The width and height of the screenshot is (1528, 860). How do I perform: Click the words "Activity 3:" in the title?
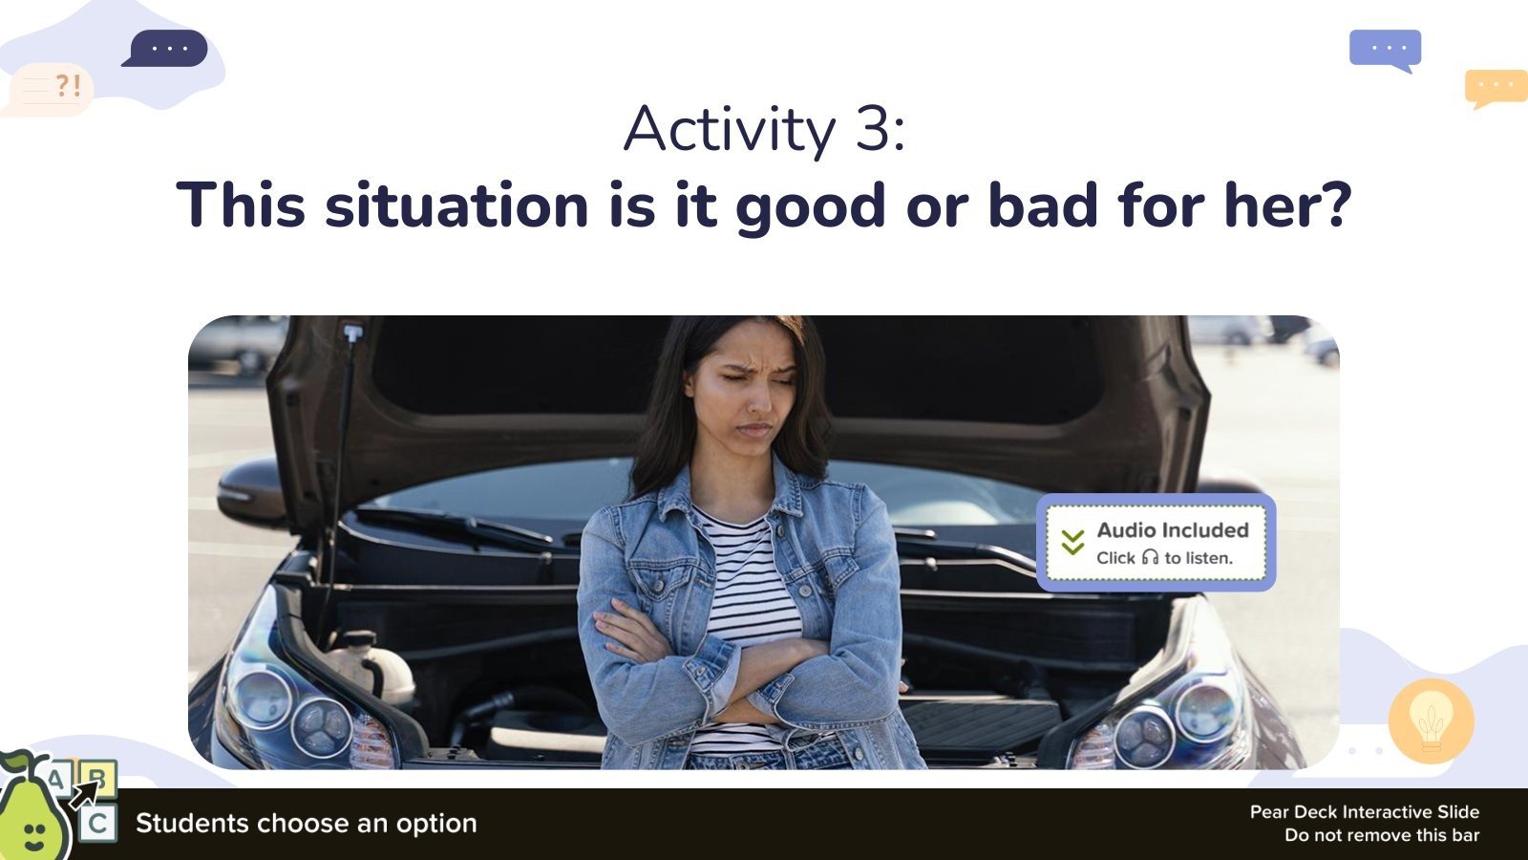click(764, 129)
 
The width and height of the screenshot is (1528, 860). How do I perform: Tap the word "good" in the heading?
click(810, 206)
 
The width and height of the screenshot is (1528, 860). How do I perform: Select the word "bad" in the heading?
click(1042, 204)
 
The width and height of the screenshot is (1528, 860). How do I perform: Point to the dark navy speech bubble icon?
click(167, 48)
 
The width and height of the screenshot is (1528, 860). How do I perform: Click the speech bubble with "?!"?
click(53, 89)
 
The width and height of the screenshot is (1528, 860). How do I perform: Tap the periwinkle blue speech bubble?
click(1386, 49)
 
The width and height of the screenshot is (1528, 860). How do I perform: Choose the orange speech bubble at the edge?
click(1496, 87)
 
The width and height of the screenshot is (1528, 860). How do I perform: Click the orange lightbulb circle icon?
click(1431, 721)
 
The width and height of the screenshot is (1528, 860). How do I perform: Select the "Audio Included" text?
click(1173, 530)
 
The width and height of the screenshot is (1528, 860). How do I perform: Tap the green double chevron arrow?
click(1072, 543)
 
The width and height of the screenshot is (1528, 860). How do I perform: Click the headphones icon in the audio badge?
click(1150, 557)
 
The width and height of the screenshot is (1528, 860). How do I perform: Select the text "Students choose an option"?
click(306, 824)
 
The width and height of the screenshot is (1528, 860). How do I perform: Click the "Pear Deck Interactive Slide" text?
click(1364, 812)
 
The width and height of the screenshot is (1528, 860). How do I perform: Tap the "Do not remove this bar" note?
click(1381, 835)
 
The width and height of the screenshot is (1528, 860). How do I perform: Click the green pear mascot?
click(32, 812)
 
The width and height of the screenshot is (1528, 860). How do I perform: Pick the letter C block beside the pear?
click(97, 824)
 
